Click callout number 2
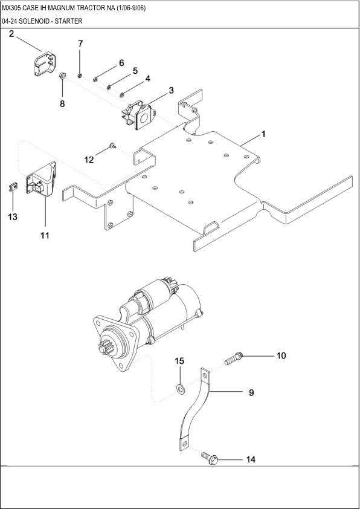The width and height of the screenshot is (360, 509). [x=11, y=34]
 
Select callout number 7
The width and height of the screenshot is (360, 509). [x=80, y=44]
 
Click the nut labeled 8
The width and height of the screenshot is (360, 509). [x=62, y=76]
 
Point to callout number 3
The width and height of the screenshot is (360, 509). [x=171, y=90]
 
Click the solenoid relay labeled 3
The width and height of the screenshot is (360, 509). [x=140, y=114]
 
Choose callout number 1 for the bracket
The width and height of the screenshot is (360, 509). [x=263, y=132]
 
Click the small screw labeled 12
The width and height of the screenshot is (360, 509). [x=112, y=145]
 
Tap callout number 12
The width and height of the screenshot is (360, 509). [x=89, y=160]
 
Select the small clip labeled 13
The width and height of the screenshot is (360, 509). [x=13, y=186]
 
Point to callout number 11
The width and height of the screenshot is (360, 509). [x=45, y=235]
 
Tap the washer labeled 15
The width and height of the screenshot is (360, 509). [x=181, y=387]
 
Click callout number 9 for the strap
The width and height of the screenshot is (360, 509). [x=251, y=392]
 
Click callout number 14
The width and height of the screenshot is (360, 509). [x=250, y=459]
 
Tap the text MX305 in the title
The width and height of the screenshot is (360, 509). [x=12, y=8]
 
